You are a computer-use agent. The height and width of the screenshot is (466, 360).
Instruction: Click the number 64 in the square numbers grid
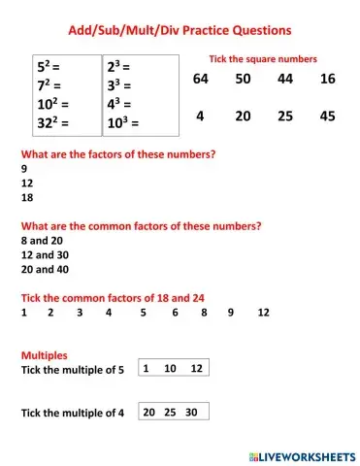(200, 79)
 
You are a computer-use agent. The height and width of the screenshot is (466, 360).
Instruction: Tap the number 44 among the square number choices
(285, 79)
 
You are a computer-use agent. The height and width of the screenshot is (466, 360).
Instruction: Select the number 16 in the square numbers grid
(327, 79)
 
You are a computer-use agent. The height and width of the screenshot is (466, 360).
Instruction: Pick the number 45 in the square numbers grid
(327, 116)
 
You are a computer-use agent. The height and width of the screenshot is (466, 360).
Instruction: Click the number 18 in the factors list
(26, 196)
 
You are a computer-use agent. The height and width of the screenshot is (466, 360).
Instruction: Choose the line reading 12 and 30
(46, 254)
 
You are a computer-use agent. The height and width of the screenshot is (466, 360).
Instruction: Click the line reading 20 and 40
(46, 269)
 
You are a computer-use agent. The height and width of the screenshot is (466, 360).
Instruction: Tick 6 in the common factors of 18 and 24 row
(175, 313)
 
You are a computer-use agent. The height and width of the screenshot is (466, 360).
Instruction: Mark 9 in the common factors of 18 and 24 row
(231, 313)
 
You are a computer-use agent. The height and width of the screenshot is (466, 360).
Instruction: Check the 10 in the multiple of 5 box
(170, 369)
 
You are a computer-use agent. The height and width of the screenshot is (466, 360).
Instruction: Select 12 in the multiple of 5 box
(196, 369)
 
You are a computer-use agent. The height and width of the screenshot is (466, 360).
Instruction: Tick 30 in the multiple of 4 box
(191, 412)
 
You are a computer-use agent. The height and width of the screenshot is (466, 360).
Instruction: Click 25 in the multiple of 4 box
(170, 412)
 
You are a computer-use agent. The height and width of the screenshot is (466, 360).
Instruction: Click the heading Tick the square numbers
(263, 58)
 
